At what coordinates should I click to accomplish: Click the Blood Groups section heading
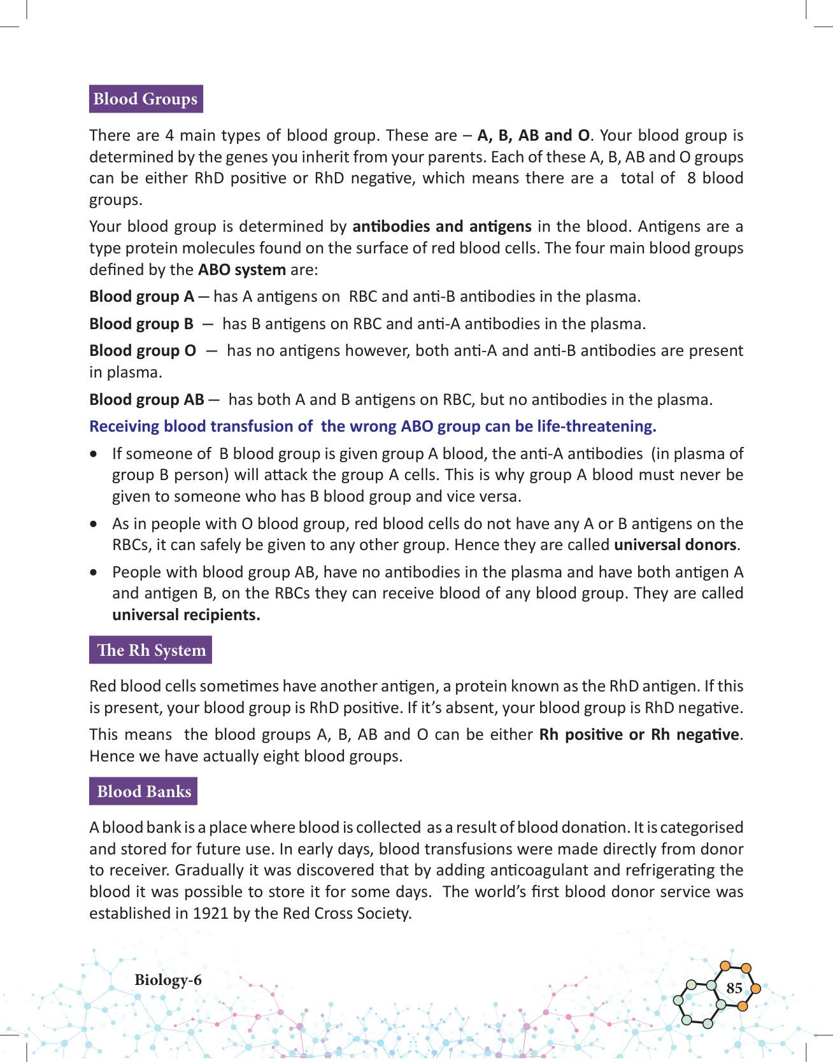[x=145, y=99]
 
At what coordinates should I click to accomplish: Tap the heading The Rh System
[x=151, y=650]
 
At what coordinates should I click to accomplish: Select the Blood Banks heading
[x=144, y=791]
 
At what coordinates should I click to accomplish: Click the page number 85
[x=734, y=988]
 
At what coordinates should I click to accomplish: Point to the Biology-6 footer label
[x=168, y=980]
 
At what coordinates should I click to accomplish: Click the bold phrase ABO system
[x=241, y=269]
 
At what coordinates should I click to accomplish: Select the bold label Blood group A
[x=141, y=297]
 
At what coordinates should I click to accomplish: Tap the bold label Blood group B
[x=141, y=324]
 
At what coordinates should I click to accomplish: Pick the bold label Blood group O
[x=143, y=351]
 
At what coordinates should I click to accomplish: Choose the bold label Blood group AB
[x=146, y=400]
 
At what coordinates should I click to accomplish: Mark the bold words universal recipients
[x=186, y=615]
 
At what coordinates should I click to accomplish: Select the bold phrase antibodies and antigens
[x=442, y=227]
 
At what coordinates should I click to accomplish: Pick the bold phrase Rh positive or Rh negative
[x=639, y=735]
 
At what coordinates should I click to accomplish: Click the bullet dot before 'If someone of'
[x=94, y=454]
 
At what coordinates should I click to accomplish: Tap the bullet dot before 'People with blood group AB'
[x=94, y=572]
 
